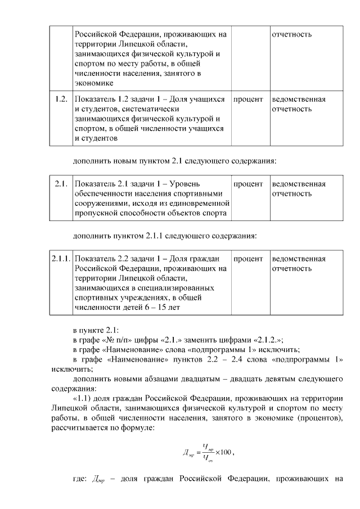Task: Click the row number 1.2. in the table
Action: (x=60, y=100)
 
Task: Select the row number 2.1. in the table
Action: (x=60, y=184)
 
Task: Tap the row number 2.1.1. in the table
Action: (x=60, y=259)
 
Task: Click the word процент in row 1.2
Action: (x=248, y=100)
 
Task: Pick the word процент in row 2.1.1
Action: (x=248, y=259)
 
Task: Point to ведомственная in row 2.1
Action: (x=299, y=184)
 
